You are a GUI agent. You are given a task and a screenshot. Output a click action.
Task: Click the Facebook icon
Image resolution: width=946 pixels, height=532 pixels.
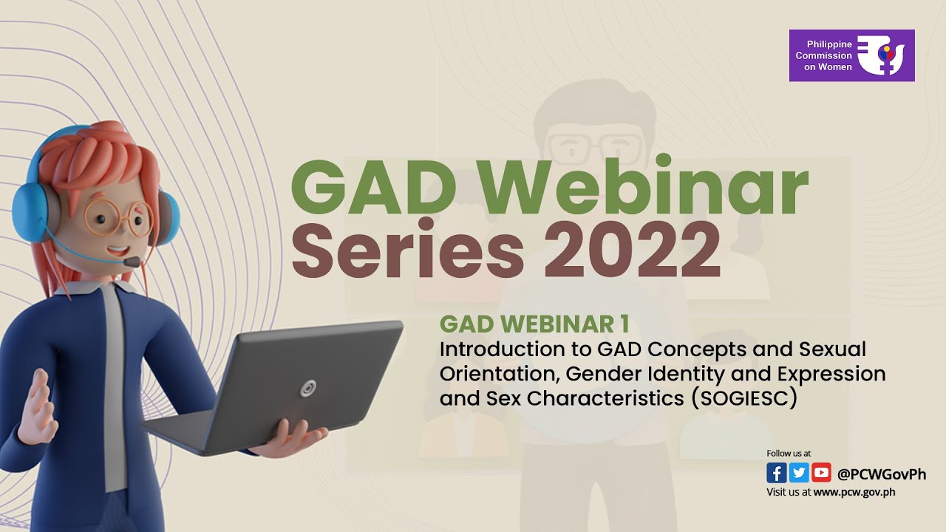(776, 473)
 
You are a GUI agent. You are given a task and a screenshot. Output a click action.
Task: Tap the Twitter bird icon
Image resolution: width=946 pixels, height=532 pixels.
(799, 473)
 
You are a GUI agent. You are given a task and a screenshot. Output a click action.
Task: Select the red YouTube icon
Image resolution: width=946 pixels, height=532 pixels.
(821, 473)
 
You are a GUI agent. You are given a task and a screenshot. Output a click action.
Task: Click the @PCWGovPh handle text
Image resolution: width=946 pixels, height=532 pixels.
(881, 474)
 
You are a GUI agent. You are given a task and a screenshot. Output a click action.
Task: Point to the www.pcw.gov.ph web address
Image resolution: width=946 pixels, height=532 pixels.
(854, 492)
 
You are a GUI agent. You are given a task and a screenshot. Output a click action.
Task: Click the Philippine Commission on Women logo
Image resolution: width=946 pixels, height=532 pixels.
(851, 55)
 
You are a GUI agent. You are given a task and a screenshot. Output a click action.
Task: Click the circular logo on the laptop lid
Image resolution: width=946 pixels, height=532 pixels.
(307, 388)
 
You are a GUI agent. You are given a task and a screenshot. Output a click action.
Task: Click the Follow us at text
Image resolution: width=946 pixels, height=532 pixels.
(789, 453)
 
